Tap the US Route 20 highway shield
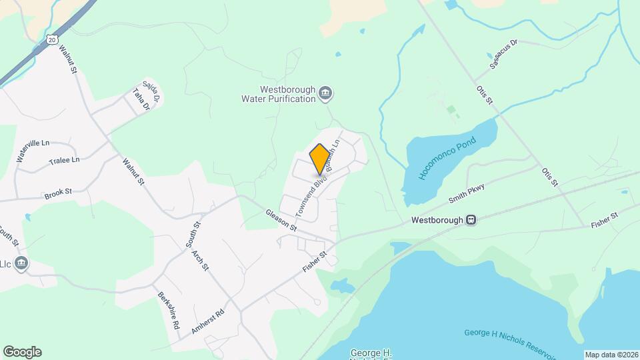[x=53, y=41]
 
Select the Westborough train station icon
[x=471, y=219]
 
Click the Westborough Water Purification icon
[x=325, y=93]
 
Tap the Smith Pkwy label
[x=465, y=194]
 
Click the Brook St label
[x=58, y=193]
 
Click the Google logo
[x=22, y=352]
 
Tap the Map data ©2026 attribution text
[x=611, y=355]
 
